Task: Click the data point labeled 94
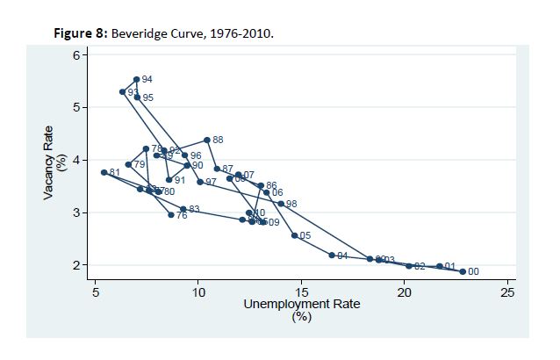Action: (136, 80)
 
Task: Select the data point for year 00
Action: (463, 271)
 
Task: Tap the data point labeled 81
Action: (104, 172)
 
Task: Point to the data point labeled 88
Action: (207, 140)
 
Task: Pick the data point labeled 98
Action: (281, 204)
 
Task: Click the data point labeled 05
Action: (295, 235)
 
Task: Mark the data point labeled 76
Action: (171, 215)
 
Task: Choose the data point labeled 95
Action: (137, 97)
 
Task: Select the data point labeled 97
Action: (200, 182)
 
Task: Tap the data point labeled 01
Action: (440, 266)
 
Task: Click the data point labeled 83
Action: (183, 209)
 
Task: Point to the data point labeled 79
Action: (128, 164)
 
